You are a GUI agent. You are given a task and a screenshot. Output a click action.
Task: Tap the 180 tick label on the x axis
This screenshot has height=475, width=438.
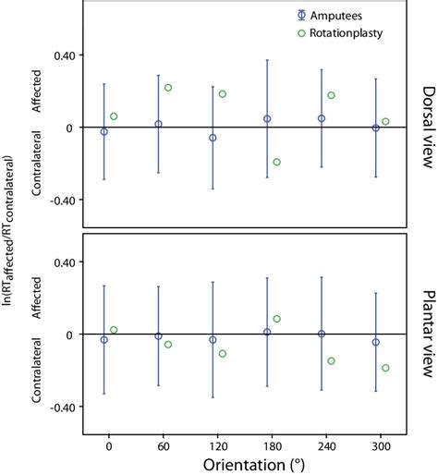(267, 442)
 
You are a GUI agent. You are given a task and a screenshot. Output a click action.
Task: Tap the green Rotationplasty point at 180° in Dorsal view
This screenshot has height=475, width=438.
(276, 162)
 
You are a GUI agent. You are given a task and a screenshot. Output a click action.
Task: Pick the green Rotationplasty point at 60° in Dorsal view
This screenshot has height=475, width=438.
(168, 88)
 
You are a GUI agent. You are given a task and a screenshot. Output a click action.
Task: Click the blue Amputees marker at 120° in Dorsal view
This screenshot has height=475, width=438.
(213, 138)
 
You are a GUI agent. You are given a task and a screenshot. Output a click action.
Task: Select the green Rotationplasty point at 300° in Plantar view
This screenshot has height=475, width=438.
(385, 368)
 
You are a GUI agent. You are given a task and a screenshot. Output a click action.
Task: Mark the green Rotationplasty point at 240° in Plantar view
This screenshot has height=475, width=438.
(331, 360)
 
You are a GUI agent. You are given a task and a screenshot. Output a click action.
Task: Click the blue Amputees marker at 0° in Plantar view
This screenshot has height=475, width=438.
(104, 340)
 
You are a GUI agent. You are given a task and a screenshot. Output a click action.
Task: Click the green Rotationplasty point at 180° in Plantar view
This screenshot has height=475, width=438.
(276, 319)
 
